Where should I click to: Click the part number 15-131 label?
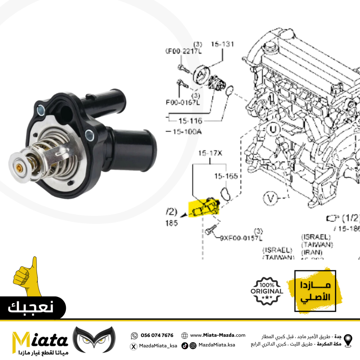222,45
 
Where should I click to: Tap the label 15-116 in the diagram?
191,121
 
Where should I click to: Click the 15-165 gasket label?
226,176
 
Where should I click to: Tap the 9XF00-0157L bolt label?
241,238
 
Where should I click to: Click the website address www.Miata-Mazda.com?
218,335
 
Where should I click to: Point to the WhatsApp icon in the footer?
134,336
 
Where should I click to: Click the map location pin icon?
348,340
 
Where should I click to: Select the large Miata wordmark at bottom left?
40,339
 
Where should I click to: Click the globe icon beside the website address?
185,336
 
